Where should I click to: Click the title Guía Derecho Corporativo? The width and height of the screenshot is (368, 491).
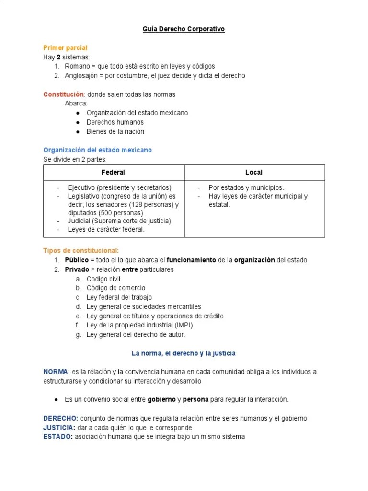pyautogui.click(x=184, y=29)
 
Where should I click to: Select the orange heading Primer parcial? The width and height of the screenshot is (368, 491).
pyautogui.click(x=65, y=48)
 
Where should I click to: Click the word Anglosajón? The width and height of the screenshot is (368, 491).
pyautogui.click(x=82, y=76)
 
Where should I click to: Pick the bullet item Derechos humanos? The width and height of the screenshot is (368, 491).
pyautogui.click(x=115, y=122)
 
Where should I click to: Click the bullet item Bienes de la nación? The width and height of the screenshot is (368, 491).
pyautogui.click(x=115, y=131)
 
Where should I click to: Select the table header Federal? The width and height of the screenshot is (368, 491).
pyautogui.click(x=113, y=172)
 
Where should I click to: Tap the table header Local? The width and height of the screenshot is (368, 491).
pyautogui.click(x=254, y=172)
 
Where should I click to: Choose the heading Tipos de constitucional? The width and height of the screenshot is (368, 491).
pyautogui.click(x=81, y=251)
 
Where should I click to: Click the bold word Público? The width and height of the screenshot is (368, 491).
pyautogui.click(x=77, y=260)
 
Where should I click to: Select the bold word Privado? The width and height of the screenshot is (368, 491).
pyautogui.click(x=77, y=269)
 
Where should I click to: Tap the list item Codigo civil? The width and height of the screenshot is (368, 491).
pyautogui.click(x=103, y=279)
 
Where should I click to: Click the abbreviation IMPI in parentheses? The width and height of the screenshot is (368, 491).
pyautogui.click(x=184, y=325)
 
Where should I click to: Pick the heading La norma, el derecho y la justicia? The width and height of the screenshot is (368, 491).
pyautogui.click(x=184, y=353)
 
